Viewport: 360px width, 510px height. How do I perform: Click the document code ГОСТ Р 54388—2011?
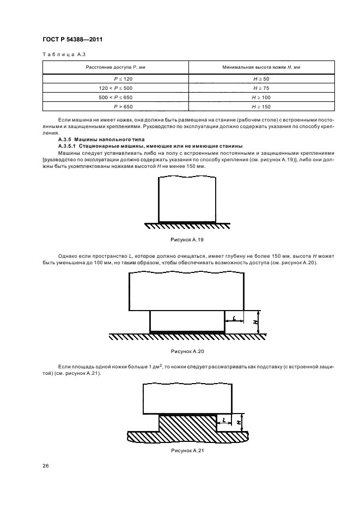(73, 40)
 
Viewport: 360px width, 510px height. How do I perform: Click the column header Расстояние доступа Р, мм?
(115, 67)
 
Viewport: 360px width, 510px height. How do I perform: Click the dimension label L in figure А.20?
(233, 317)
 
